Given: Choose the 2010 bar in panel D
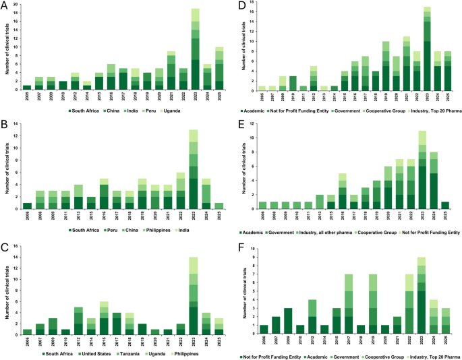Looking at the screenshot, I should point(274,83).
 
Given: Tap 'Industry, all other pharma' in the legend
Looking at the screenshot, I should point(339,233).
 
